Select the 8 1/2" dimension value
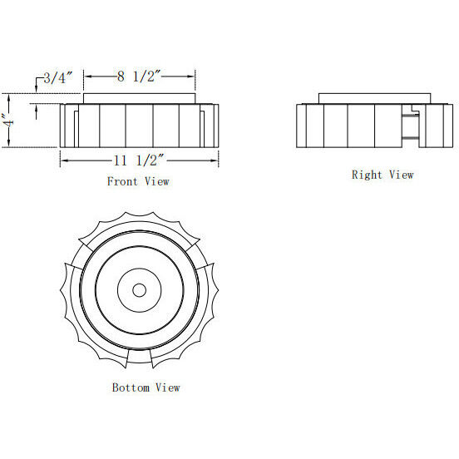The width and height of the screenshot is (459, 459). click(x=138, y=76)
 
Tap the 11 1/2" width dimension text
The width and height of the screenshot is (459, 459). click(x=138, y=160)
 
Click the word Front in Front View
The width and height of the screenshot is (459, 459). click(x=122, y=180)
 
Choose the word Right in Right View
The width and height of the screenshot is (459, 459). click(x=366, y=175)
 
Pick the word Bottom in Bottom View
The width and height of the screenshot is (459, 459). click(x=130, y=387)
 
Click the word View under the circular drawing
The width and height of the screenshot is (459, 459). click(x=167, y=387)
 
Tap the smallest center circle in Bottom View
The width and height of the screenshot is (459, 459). click(x=139, y=289)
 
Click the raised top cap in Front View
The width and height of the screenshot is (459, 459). click(x=139, y=99)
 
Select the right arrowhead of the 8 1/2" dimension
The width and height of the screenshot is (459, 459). click(x=193, y=76)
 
